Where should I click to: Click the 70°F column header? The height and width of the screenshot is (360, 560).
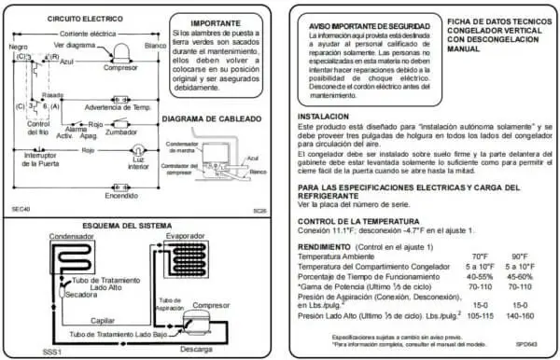(480, 256)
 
